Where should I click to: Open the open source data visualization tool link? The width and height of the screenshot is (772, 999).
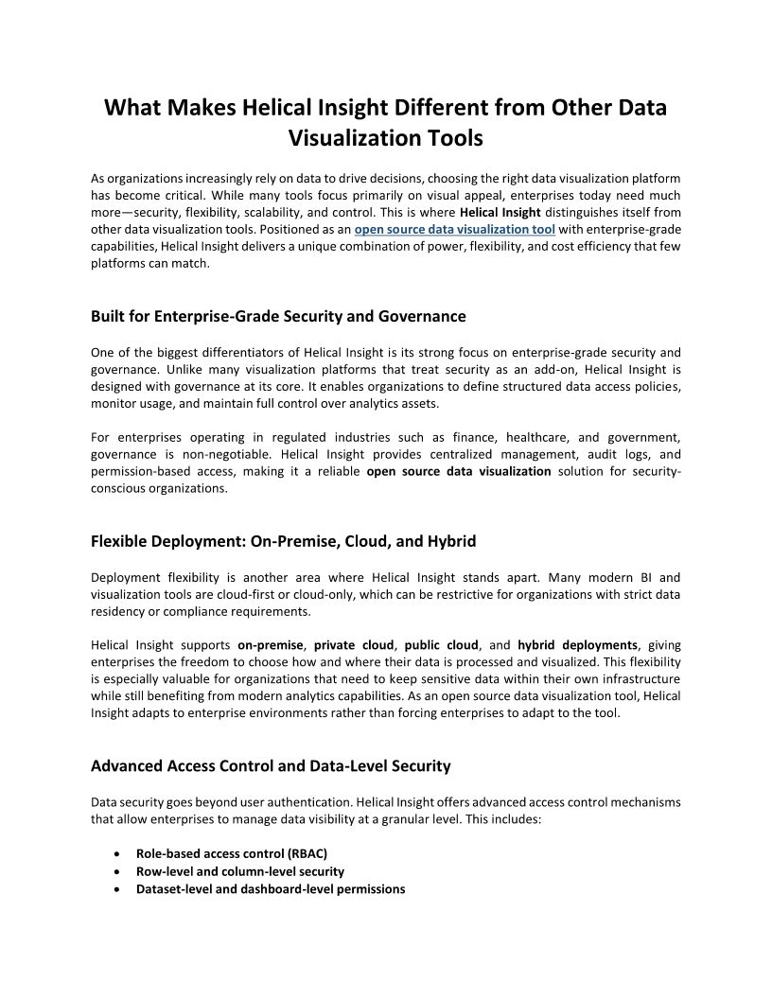coord(454,230)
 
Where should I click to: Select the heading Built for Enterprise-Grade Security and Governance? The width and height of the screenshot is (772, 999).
coord(278,316)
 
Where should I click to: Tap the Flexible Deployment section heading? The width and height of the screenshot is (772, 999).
coord(283,542)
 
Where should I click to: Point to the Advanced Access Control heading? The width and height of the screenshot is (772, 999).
coord(271,765)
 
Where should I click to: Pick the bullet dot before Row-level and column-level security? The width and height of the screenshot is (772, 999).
coord(115,871)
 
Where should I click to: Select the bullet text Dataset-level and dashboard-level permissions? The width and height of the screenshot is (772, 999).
coord(271,889)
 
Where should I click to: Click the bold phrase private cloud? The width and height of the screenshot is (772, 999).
coord(354,645)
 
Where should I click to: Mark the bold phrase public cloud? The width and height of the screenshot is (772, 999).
coord(443,645)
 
